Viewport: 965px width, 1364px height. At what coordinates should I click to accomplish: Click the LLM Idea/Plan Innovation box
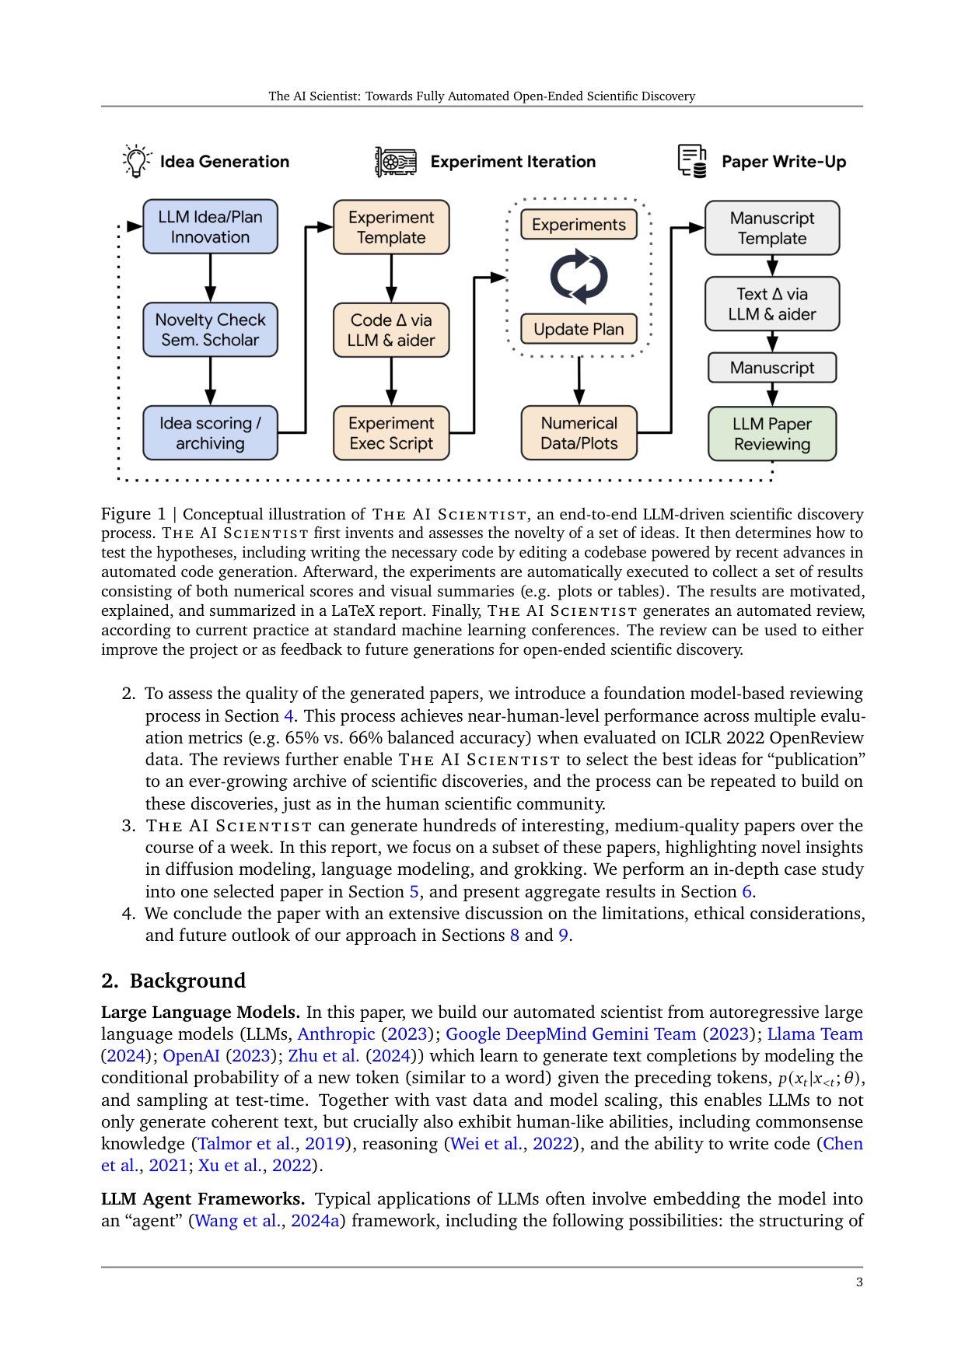point(210,227)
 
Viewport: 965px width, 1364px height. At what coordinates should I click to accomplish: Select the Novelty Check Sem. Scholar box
point(210,330)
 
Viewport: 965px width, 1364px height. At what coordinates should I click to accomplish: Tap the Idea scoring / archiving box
point(210,433)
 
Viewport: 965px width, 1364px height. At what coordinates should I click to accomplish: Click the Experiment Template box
point(391,227)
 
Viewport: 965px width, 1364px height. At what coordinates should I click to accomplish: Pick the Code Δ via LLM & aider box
point(391,330)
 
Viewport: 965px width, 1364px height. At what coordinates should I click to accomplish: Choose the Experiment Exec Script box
point(391,433)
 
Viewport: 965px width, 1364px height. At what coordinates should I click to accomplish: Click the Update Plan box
point(579,329)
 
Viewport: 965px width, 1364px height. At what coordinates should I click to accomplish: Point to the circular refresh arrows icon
point(579,276)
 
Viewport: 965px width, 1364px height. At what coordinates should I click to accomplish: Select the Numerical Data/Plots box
point(579,433)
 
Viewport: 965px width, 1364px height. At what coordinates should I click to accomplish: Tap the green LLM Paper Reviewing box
point(772,434)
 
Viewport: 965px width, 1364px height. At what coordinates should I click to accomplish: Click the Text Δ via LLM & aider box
point(772,304)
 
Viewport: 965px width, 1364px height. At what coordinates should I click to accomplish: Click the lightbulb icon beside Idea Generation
point(137,161)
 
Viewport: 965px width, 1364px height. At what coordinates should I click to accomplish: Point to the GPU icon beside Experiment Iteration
point(396,162)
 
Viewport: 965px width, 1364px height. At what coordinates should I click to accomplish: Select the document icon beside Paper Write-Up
point(692,161)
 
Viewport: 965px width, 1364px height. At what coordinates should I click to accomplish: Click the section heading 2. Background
point(173,981)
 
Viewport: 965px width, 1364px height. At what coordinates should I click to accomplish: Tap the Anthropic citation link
point(336,1034)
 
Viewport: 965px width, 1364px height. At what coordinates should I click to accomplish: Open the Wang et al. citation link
point(238,1221)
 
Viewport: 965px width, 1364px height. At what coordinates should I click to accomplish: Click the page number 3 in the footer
point(859,1282)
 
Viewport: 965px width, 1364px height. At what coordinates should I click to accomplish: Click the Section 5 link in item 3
point(414,892)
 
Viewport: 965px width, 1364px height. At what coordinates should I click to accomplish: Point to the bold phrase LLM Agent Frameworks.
point(202,1199)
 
